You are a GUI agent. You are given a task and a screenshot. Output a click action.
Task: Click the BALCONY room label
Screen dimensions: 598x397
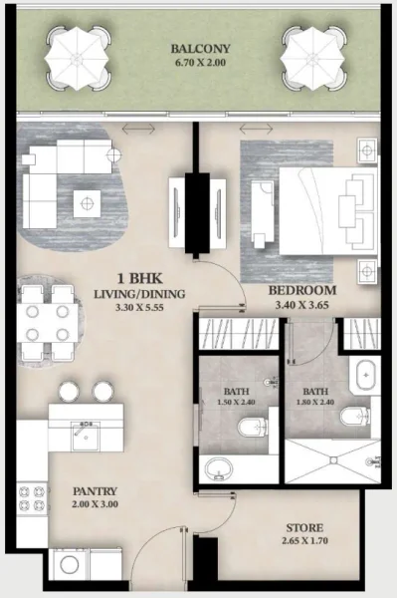pos(200,48)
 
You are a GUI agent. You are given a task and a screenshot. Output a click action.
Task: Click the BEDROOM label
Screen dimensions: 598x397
pos(302,291)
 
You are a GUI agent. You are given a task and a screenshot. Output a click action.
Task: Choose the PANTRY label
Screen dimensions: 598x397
pos(95,492)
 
